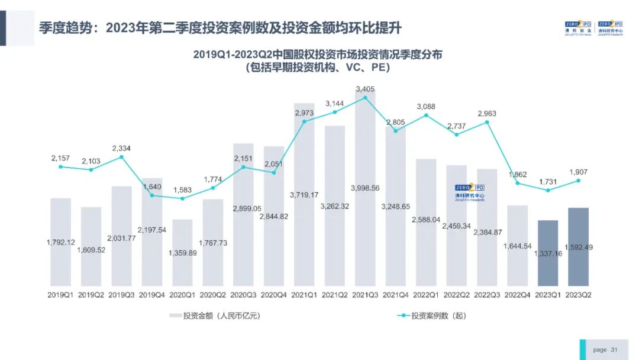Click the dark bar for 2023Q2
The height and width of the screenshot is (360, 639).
[x=578, y=247]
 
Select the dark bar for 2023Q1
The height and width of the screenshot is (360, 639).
[x=548, y=253]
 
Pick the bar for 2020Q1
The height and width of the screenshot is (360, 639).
[x=182, y=253]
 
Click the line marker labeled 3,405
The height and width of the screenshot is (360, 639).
[x=365, y=98]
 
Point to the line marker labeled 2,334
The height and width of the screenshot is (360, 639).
[x=121, y=157]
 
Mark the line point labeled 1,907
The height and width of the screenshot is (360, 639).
[x=578, y=181]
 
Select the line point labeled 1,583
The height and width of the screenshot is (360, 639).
[x=182, y=198]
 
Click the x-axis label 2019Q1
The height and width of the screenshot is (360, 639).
[x=60, y=295]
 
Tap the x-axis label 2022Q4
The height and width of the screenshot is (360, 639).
[x=518, y=295]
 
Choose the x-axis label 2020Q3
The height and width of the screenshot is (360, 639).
[x=243, y=295]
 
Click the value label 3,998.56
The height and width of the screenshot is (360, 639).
[x=365, y=188]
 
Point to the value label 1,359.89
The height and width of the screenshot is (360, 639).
[x=183, y=253]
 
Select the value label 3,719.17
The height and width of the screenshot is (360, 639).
[x=304, y=195]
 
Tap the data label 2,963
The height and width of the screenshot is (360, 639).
[x=487, y=113]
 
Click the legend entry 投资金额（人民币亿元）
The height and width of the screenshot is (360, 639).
[x=215, y=316]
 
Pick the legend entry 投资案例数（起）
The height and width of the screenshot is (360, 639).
[x=431, y=316]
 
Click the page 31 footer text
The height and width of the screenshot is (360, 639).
[x=605, y=350]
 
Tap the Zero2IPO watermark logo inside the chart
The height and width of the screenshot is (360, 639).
[x=469, y=192]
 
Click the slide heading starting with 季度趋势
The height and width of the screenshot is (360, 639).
[x=221, y=28]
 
